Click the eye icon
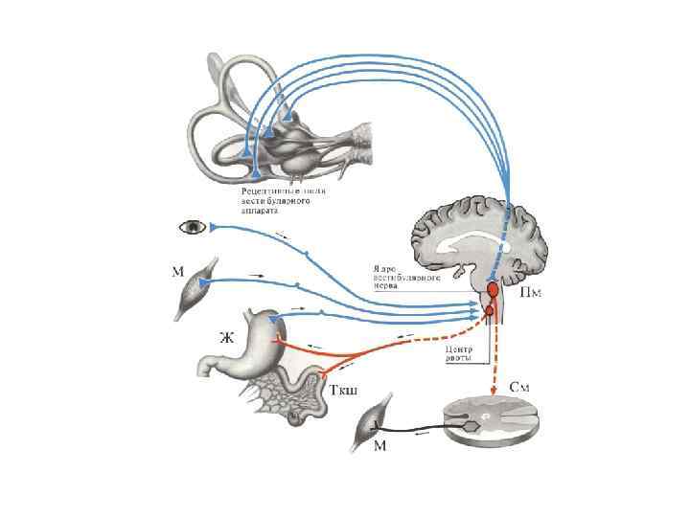pyautogui.click(x=193, y=227)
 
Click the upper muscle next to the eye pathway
pyautogui.click(x=198, y=286)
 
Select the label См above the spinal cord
pyautogui.click(x=520, y=388)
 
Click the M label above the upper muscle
pyautogui.click(x=177, y=271)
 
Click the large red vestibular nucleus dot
pyautogui.click(x=494, y=288)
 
